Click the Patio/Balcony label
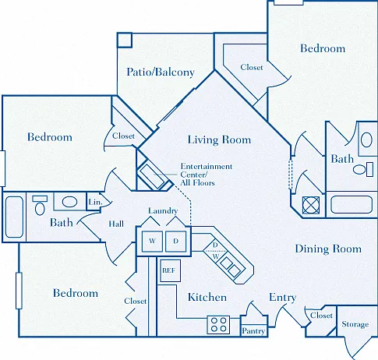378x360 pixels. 161,72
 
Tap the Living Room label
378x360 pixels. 219,139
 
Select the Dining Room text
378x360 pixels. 328,249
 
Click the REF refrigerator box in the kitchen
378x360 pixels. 171,270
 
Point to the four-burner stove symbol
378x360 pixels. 218,325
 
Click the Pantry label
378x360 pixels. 253,331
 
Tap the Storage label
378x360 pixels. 355,324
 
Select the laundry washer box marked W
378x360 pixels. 152,242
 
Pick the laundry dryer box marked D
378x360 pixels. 176,242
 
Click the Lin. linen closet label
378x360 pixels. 95,202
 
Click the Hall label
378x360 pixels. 116,224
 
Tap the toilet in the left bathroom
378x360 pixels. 40,205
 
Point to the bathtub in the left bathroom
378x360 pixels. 14,217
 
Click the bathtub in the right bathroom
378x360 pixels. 352,204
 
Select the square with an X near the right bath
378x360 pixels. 311,205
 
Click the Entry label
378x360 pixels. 283,298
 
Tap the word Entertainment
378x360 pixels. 207,166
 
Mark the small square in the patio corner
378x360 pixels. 125,40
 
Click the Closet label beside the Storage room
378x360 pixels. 321,316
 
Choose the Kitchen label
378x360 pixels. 207,297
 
